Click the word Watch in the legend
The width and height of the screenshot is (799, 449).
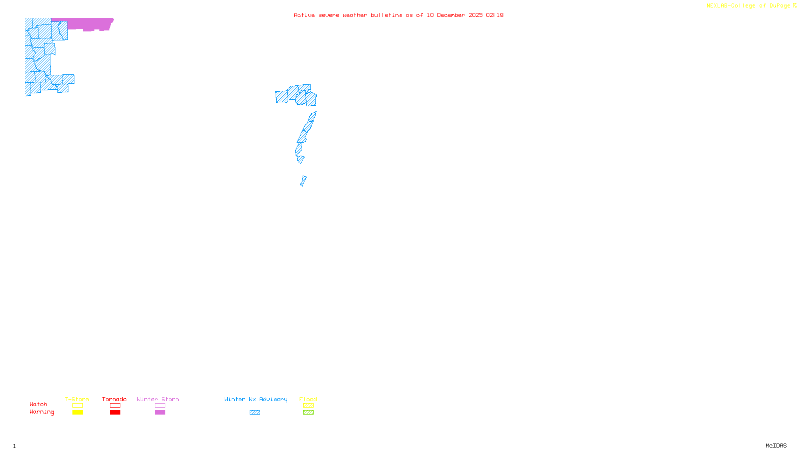(x=38, y=404)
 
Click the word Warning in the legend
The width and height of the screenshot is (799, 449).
(x=42, y=412)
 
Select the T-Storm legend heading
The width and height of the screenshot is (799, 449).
(x=77, y=399)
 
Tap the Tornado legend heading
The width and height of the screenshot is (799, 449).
(x=114, y=399)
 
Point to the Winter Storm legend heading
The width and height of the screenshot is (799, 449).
(x=158, y=399)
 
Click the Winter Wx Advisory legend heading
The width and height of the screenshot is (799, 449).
(x=256, y=399)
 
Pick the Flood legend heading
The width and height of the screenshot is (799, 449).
(x=308, y=399)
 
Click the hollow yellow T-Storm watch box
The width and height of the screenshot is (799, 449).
(x=77, y=406)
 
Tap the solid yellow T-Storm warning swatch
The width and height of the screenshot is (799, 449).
(x=77, y=413)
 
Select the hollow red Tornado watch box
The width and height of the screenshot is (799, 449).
(x=115, y=406)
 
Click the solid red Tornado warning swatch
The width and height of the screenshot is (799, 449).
(x=115, y=413)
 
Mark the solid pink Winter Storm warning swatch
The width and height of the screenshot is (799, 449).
(x=160, y=413)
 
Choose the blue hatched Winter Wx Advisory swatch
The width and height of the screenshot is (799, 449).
(x=255, y=413)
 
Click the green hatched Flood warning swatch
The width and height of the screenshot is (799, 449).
(x=308, y=413)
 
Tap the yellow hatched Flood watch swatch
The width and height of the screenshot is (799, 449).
(x=308, y=406)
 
